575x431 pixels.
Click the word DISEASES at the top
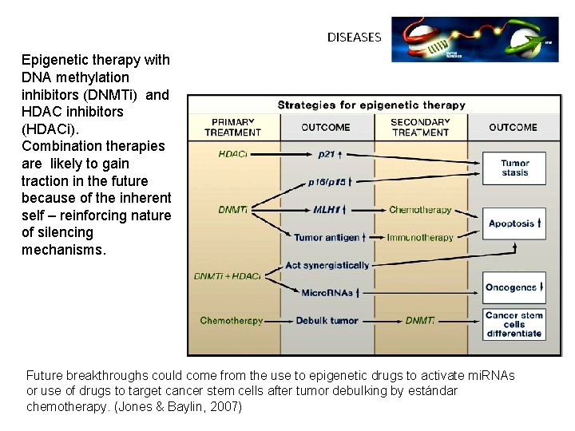[354, 37]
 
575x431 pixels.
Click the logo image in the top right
[474, 39]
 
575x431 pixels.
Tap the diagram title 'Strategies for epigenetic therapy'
[371, 105]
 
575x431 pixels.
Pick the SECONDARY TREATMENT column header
[420, 127]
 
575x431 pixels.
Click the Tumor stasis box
[514, 168]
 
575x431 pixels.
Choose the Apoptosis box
[514, 223]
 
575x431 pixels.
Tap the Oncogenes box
[514, 287]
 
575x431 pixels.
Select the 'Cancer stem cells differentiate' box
[514, 324]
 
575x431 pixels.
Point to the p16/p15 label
[328, 181]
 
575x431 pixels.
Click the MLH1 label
[328, 210]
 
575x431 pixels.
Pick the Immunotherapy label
[420, 237]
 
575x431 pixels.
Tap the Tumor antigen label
[328, 237]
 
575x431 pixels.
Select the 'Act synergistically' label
[327, 265]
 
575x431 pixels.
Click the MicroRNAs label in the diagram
[328, 293]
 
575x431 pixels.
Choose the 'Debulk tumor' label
[327, 321]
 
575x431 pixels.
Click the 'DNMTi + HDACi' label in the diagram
[227, 276]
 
